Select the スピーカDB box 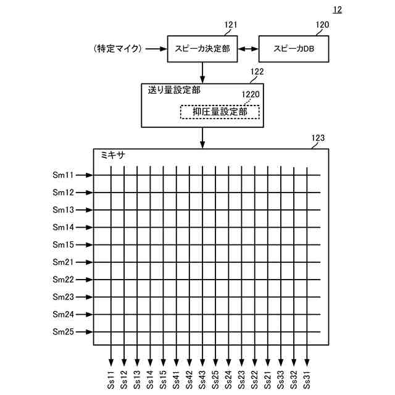click(293, 48)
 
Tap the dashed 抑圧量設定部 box click(219, 112)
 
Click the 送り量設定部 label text click(173, 89)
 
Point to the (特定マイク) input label click(118, 48)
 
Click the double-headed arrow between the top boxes click(248, 48)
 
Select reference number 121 click(231, 25)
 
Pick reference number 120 click(322, 25)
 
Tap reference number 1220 click(250, 96)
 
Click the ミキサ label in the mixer click(112, 156)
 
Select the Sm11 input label click(63, 175)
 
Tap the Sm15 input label click(63, 245)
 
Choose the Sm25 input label click(63, 332)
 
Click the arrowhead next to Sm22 click(89, 280)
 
